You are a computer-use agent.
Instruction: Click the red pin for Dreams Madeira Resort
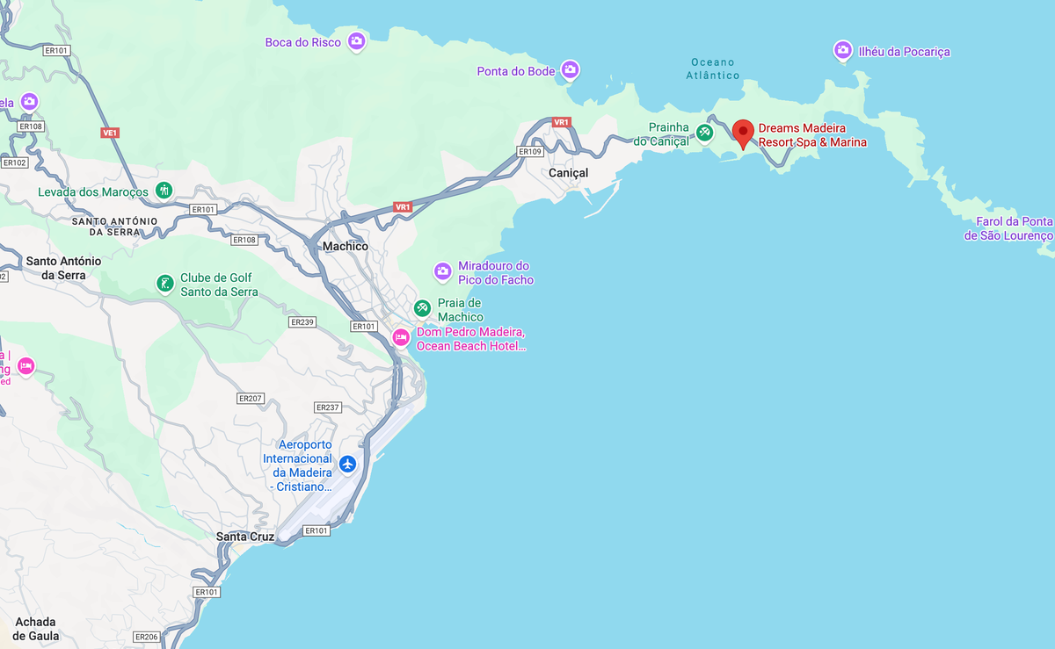click(743, 133)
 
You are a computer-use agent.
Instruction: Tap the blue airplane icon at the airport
click(348, 463)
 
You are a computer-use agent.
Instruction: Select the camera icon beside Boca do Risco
click(356, 40)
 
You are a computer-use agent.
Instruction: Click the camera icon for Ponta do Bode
click(571, 69)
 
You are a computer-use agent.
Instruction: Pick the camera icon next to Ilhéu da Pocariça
click(842, 50)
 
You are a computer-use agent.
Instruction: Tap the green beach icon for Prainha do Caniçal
click(704, 133)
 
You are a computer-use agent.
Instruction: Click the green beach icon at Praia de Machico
click(423, 308)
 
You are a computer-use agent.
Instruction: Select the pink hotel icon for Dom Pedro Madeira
click(401, 337)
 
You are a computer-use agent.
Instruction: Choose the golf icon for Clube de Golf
click(164, 283)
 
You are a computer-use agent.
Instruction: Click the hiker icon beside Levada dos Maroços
click(164, 190)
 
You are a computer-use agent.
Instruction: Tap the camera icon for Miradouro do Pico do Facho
click(443, 270)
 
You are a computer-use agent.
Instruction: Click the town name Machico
click(346, 247)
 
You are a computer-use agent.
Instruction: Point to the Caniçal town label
click(568, 173)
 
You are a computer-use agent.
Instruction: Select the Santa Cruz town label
click(245, 537)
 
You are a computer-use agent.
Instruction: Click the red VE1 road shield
click(110, 133)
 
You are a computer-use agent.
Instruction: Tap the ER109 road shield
click(530, 152)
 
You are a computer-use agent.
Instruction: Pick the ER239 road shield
click(302, 322)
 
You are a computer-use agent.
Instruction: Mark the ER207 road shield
click(251, 399)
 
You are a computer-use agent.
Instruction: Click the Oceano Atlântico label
click(713, 69)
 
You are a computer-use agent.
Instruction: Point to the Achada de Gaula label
click(36, 628)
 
